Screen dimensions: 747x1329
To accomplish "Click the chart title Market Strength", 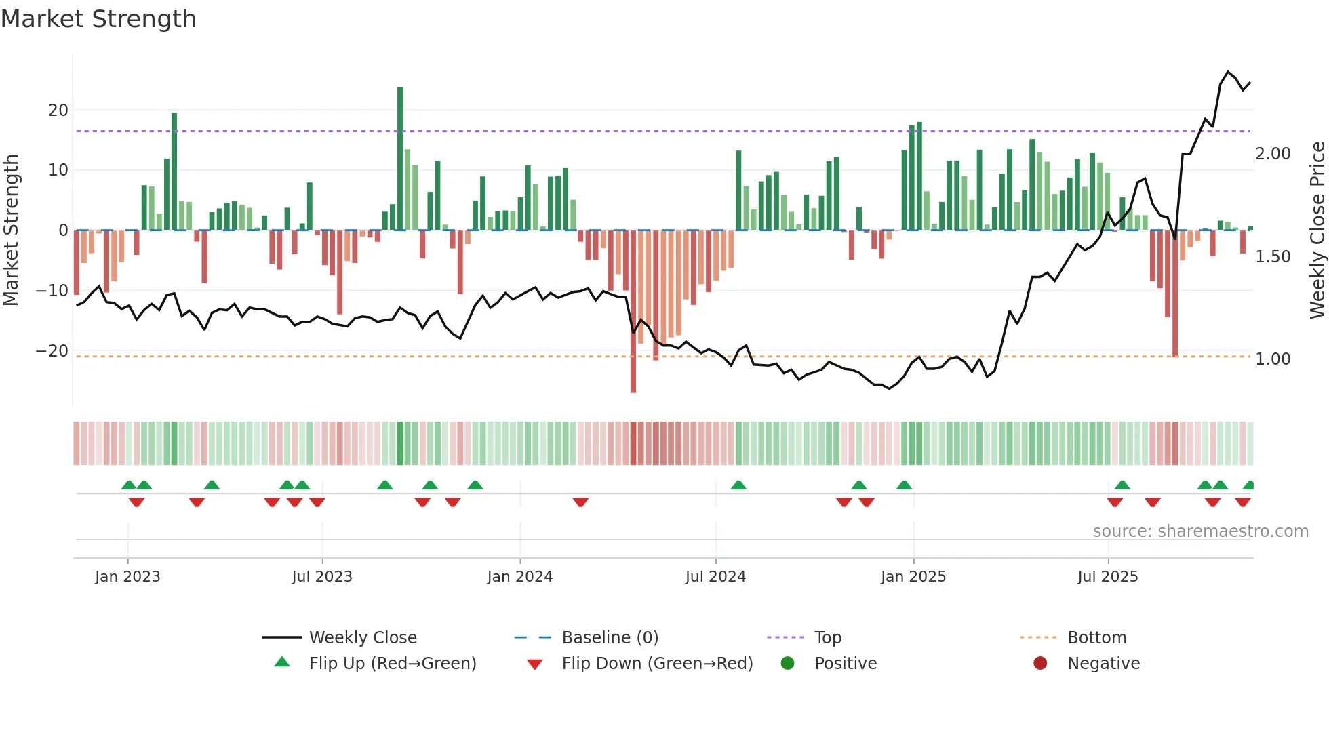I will [99, 19].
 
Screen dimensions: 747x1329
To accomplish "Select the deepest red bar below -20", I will [633, 312].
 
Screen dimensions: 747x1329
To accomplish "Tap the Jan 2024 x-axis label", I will [519, 577].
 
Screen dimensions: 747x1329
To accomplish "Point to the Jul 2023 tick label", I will [322, 577].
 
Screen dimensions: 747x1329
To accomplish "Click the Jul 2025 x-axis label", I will [1108, 577].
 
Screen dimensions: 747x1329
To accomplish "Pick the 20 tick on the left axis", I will [58, 110].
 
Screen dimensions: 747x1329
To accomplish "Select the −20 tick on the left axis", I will [52, 351].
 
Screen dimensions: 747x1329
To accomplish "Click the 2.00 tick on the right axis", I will [1273, 154].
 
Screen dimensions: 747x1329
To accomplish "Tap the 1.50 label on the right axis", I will [1273, 257].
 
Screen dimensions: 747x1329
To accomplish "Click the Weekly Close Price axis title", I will [1317, 230].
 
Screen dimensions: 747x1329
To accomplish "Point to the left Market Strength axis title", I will [11, 230].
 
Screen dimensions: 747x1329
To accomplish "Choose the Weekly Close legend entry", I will [362, 638].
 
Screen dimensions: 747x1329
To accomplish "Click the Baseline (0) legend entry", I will [610, 638].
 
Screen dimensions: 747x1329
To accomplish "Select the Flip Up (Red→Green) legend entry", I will [392, 664].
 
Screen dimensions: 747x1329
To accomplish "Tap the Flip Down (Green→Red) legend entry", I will [656, 664].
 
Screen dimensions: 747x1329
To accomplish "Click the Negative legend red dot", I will [1040, 663].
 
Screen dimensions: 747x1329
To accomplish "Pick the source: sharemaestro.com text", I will [1200, 531].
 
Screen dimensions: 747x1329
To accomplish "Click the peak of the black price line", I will [1228, 72].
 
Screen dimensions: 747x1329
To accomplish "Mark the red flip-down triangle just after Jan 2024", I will [580, 502].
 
